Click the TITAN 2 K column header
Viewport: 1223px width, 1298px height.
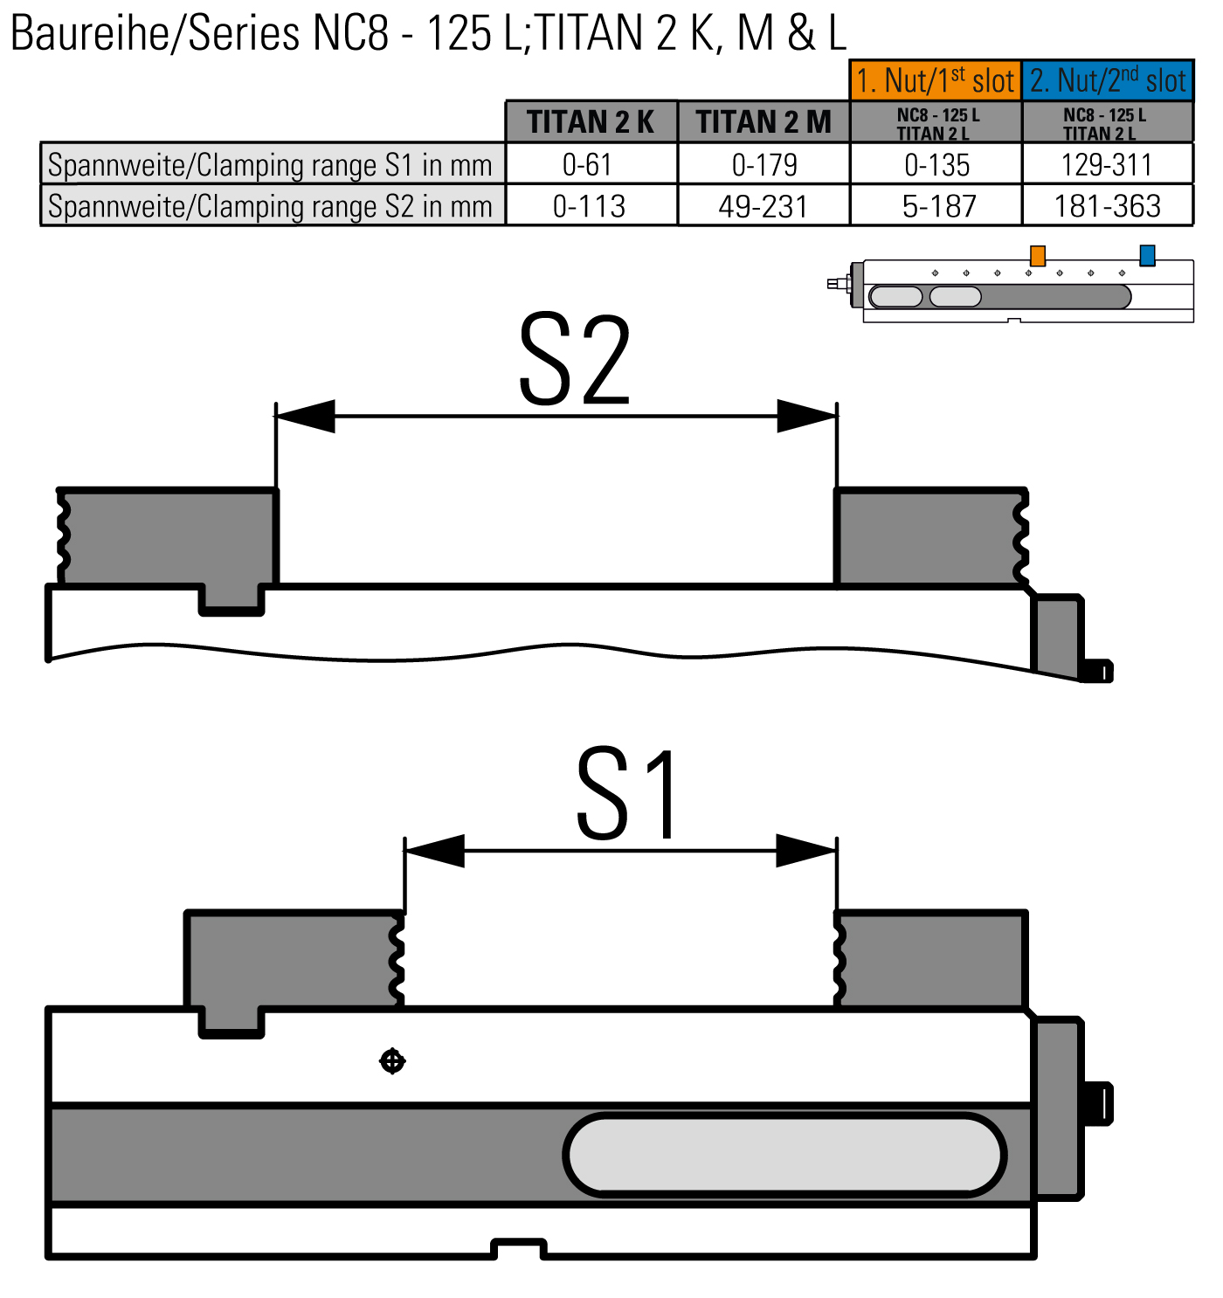591,121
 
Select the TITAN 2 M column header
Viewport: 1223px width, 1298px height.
764,121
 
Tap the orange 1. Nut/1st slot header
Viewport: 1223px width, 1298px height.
936,80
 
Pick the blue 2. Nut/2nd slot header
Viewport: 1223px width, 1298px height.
1108,80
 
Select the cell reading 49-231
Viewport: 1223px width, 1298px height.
764,206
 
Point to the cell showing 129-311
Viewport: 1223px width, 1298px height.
1108,164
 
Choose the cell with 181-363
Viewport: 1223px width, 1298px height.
1108,206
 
